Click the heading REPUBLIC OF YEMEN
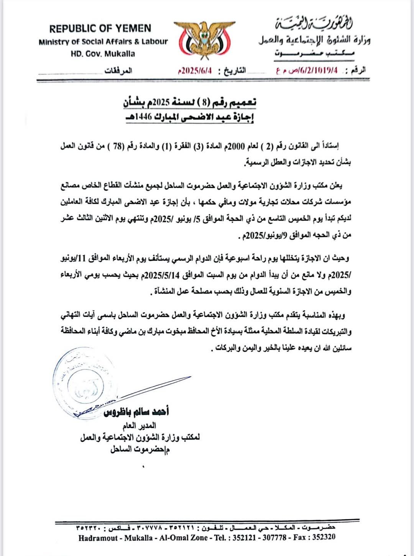click(x=100, y=28)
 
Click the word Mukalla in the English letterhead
click(x=120, y=54)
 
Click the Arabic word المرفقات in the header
click(x=118, y=71)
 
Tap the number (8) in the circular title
click(x=205, y=102)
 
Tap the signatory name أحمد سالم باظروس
click(x=136, y=412)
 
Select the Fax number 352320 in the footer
click(x=324, y=537)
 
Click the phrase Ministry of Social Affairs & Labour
click(x=103, y=42)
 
